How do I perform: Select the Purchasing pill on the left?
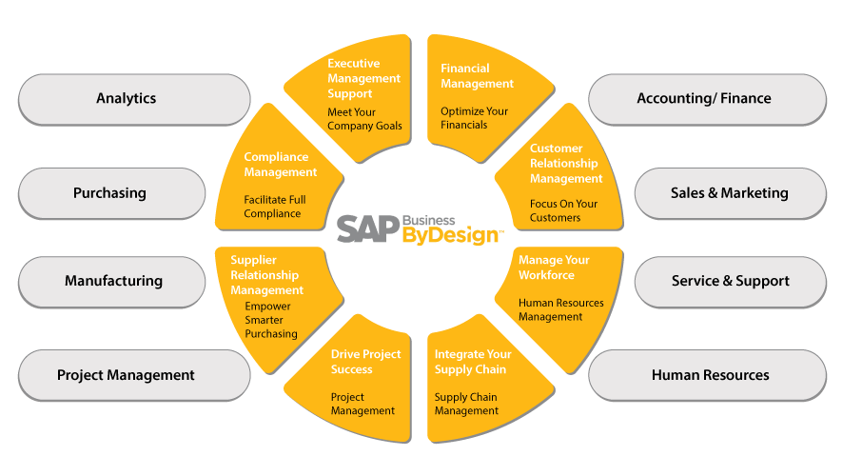click(x=111, y=193)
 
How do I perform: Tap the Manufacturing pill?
click(x=112, y=281)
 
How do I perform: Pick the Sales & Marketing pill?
click(x=730, y=193)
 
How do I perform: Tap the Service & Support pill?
click(x=730, y=281)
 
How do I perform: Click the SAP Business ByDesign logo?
click(x=421, y=229)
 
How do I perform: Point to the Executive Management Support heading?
click(x=363, y=79)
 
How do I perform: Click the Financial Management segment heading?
click(x=477, y=76)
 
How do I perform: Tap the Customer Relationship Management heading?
click(x=565, y=164)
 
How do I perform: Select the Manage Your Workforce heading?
click(x=554, y=268)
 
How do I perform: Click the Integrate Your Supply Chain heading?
click(x=473, y=362)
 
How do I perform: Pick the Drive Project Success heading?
click(x=365, y=362)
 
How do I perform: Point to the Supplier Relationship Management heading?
click(x=266, y=275)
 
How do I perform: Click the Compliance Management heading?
click(x=280, y=165)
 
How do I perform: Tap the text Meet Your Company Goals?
click(x=364, y=119)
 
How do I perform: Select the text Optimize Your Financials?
click(x=474, y=118)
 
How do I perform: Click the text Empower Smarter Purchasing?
click(x=270, y=321)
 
